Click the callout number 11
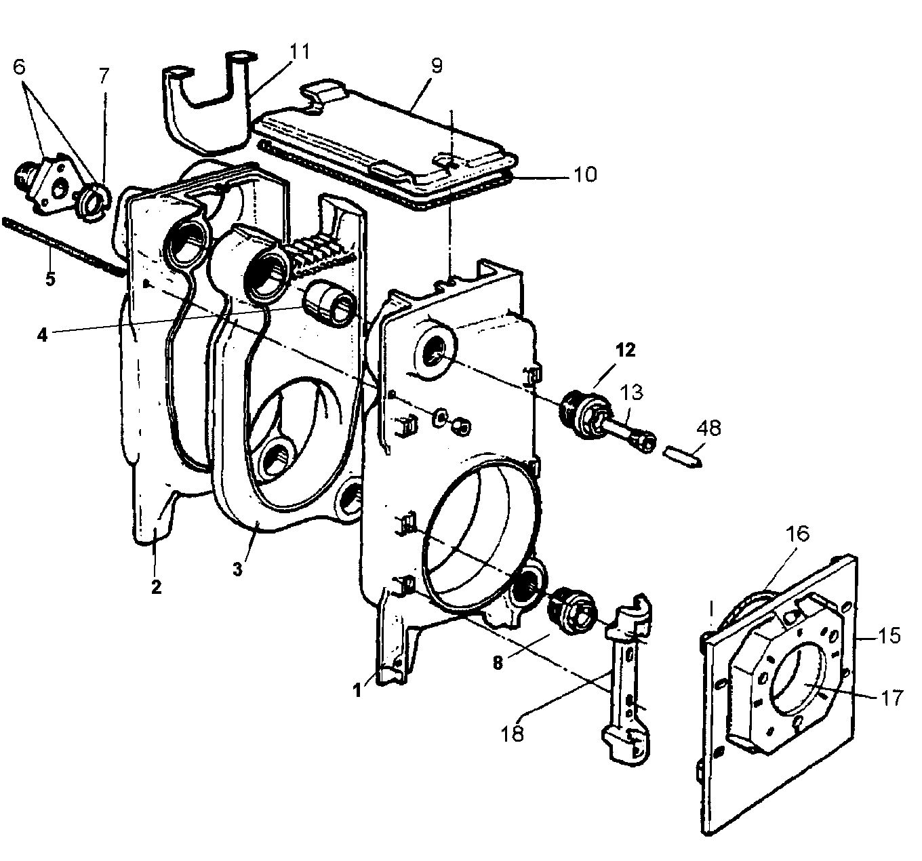point(299,52)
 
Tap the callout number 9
point(435,66)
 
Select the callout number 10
point(584,174)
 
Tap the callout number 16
point(797,533)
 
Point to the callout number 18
point(513,733)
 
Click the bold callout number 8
point(498,664)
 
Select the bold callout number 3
point(237,569)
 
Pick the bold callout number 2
point(157,586)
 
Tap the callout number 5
point(49,279)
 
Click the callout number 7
point(103,75)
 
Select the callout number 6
point(19,66)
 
